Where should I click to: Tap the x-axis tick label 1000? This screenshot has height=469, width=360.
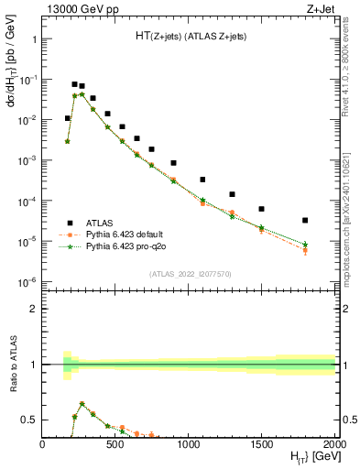189,443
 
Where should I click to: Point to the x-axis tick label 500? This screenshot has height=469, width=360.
115,443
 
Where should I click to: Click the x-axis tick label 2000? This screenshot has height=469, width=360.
333,443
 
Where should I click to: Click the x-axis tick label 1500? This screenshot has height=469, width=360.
262,443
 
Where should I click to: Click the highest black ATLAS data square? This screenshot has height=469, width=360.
74,84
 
